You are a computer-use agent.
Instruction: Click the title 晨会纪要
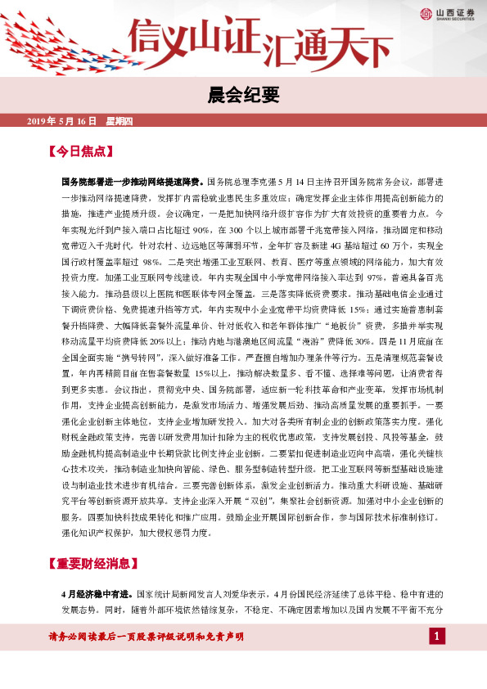point(243,92)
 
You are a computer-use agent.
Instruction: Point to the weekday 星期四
point(119,121)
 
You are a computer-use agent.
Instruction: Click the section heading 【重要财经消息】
point(92,564)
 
